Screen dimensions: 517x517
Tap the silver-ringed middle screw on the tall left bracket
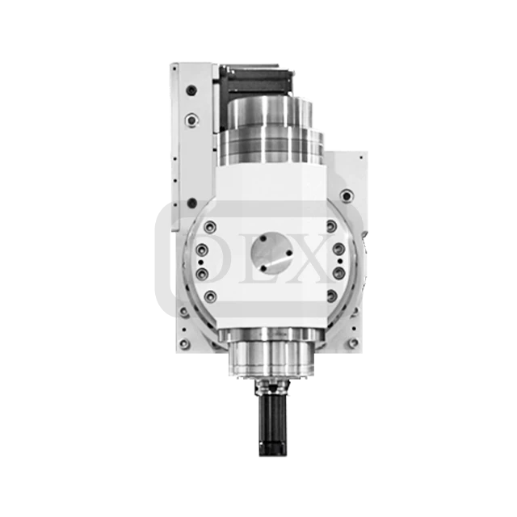coord(191,120)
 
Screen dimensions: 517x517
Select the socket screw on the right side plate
coord(347,195)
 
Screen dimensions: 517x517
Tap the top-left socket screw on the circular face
coord(211,227)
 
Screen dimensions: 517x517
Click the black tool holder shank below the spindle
coord(274,412)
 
